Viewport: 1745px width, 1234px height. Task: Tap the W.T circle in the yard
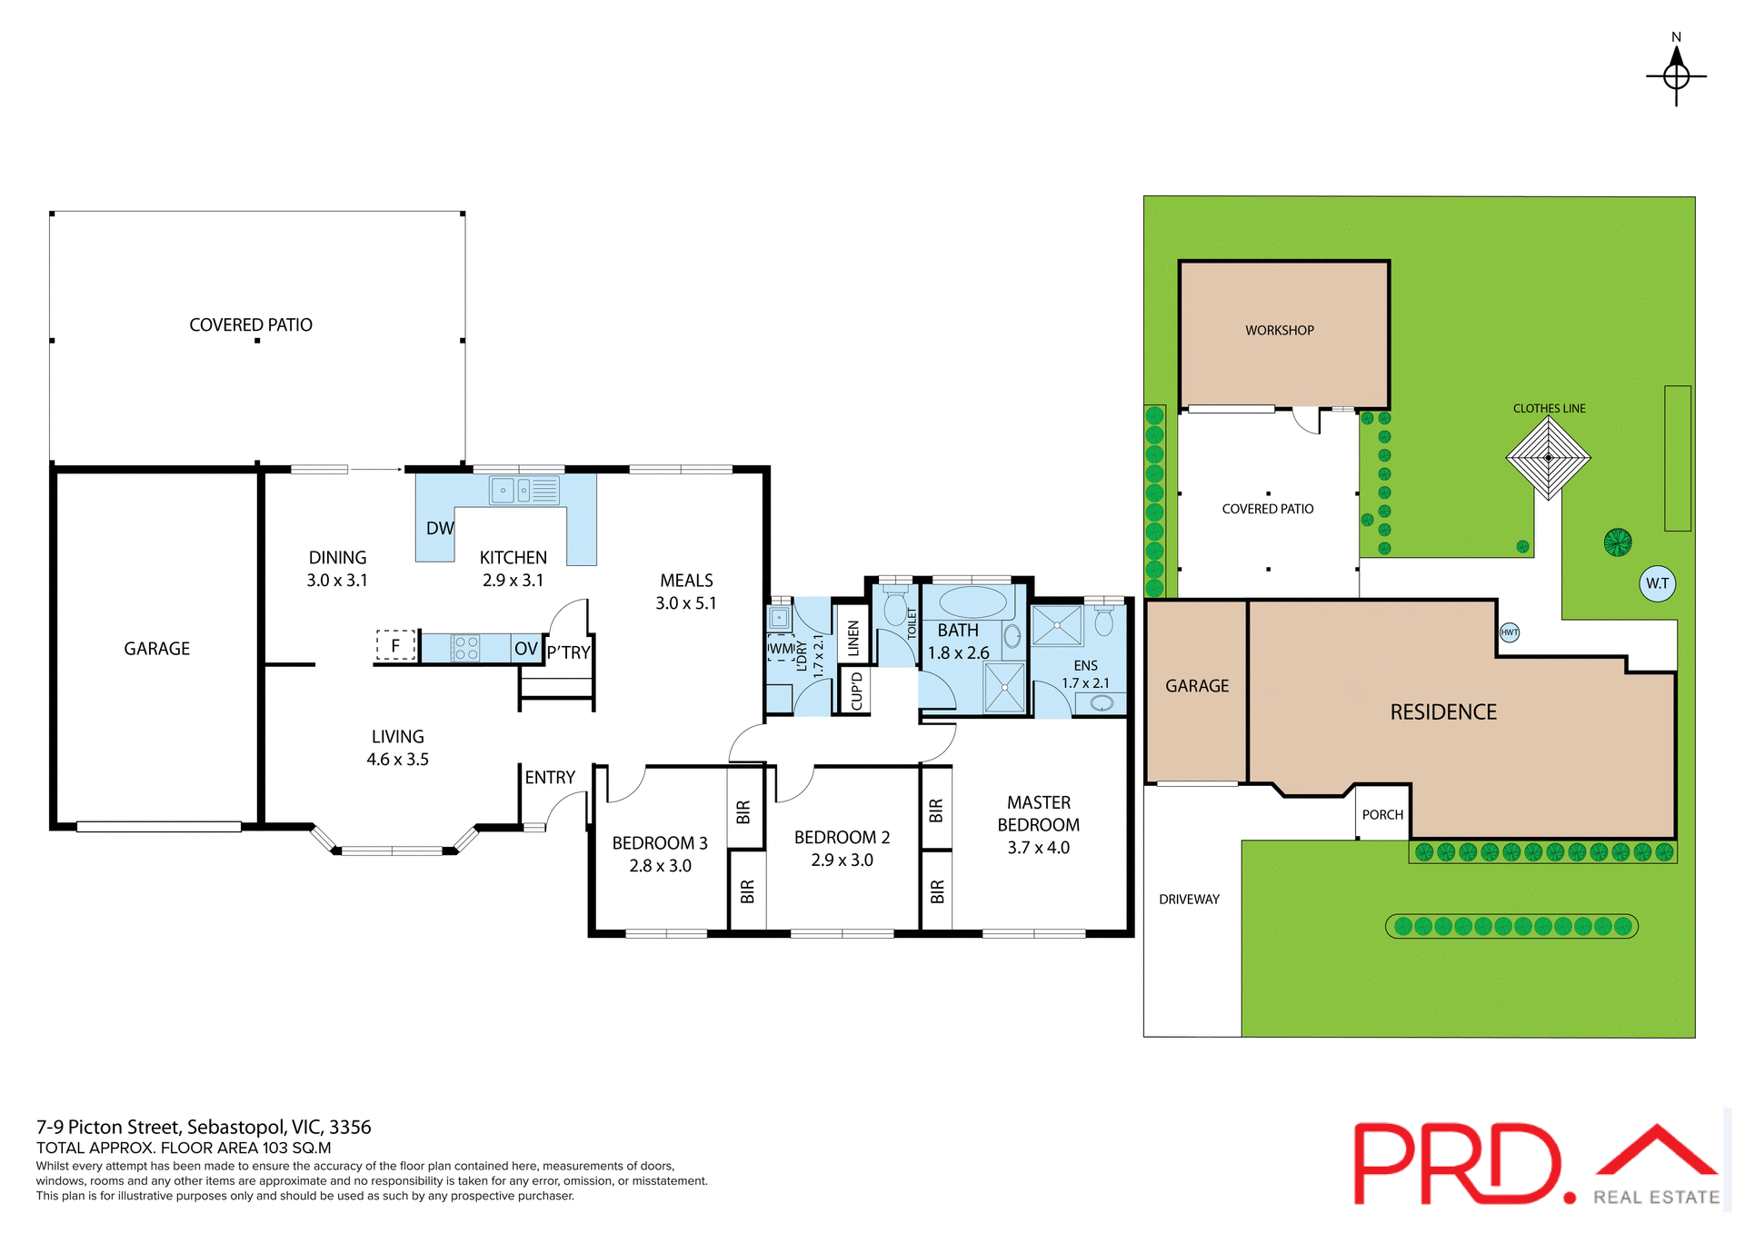tap(1657, 583)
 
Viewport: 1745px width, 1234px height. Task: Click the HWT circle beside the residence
tap(1509, 632)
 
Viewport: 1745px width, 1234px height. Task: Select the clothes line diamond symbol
tap(1548, 458)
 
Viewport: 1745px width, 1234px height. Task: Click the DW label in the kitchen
tap(440, 528)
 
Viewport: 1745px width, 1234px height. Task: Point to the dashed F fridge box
tap(395, 646)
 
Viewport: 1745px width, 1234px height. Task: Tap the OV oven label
tap(526, 649)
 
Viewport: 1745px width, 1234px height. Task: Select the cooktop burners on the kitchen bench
tap(465, 648)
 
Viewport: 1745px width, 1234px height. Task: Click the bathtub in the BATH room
tap(972, 602)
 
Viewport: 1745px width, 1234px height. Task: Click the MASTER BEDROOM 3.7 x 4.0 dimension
tap(1038, 848)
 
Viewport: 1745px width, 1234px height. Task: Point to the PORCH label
tap(1382, 815)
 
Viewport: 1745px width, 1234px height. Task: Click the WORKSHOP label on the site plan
tap(1279, 331)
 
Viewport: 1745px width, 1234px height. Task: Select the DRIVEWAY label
tap(1189, 900)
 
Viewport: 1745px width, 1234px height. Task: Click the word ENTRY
tap(550, 778)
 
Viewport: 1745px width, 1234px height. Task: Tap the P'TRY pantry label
tap(569, 652)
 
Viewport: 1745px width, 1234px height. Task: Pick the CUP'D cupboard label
tap(856, 692)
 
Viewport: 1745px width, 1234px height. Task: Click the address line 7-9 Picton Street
tap(204, 1127)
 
